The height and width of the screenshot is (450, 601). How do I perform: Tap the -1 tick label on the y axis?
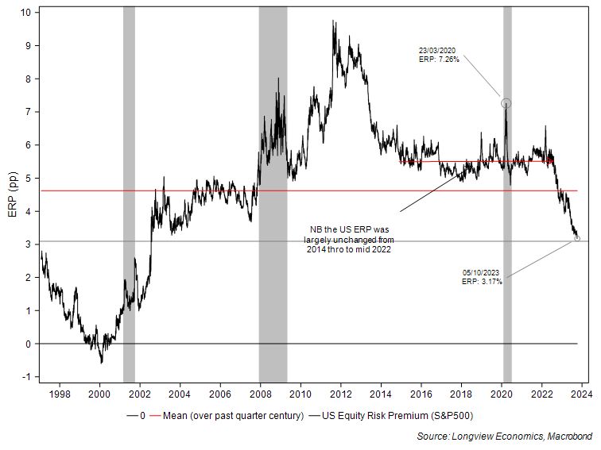pos(28,377)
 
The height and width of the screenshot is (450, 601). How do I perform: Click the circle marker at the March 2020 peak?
pos(506,103)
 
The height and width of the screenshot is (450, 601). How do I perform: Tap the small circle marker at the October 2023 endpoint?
pos(576,238)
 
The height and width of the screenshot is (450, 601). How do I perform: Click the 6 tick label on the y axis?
pos(29,145)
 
